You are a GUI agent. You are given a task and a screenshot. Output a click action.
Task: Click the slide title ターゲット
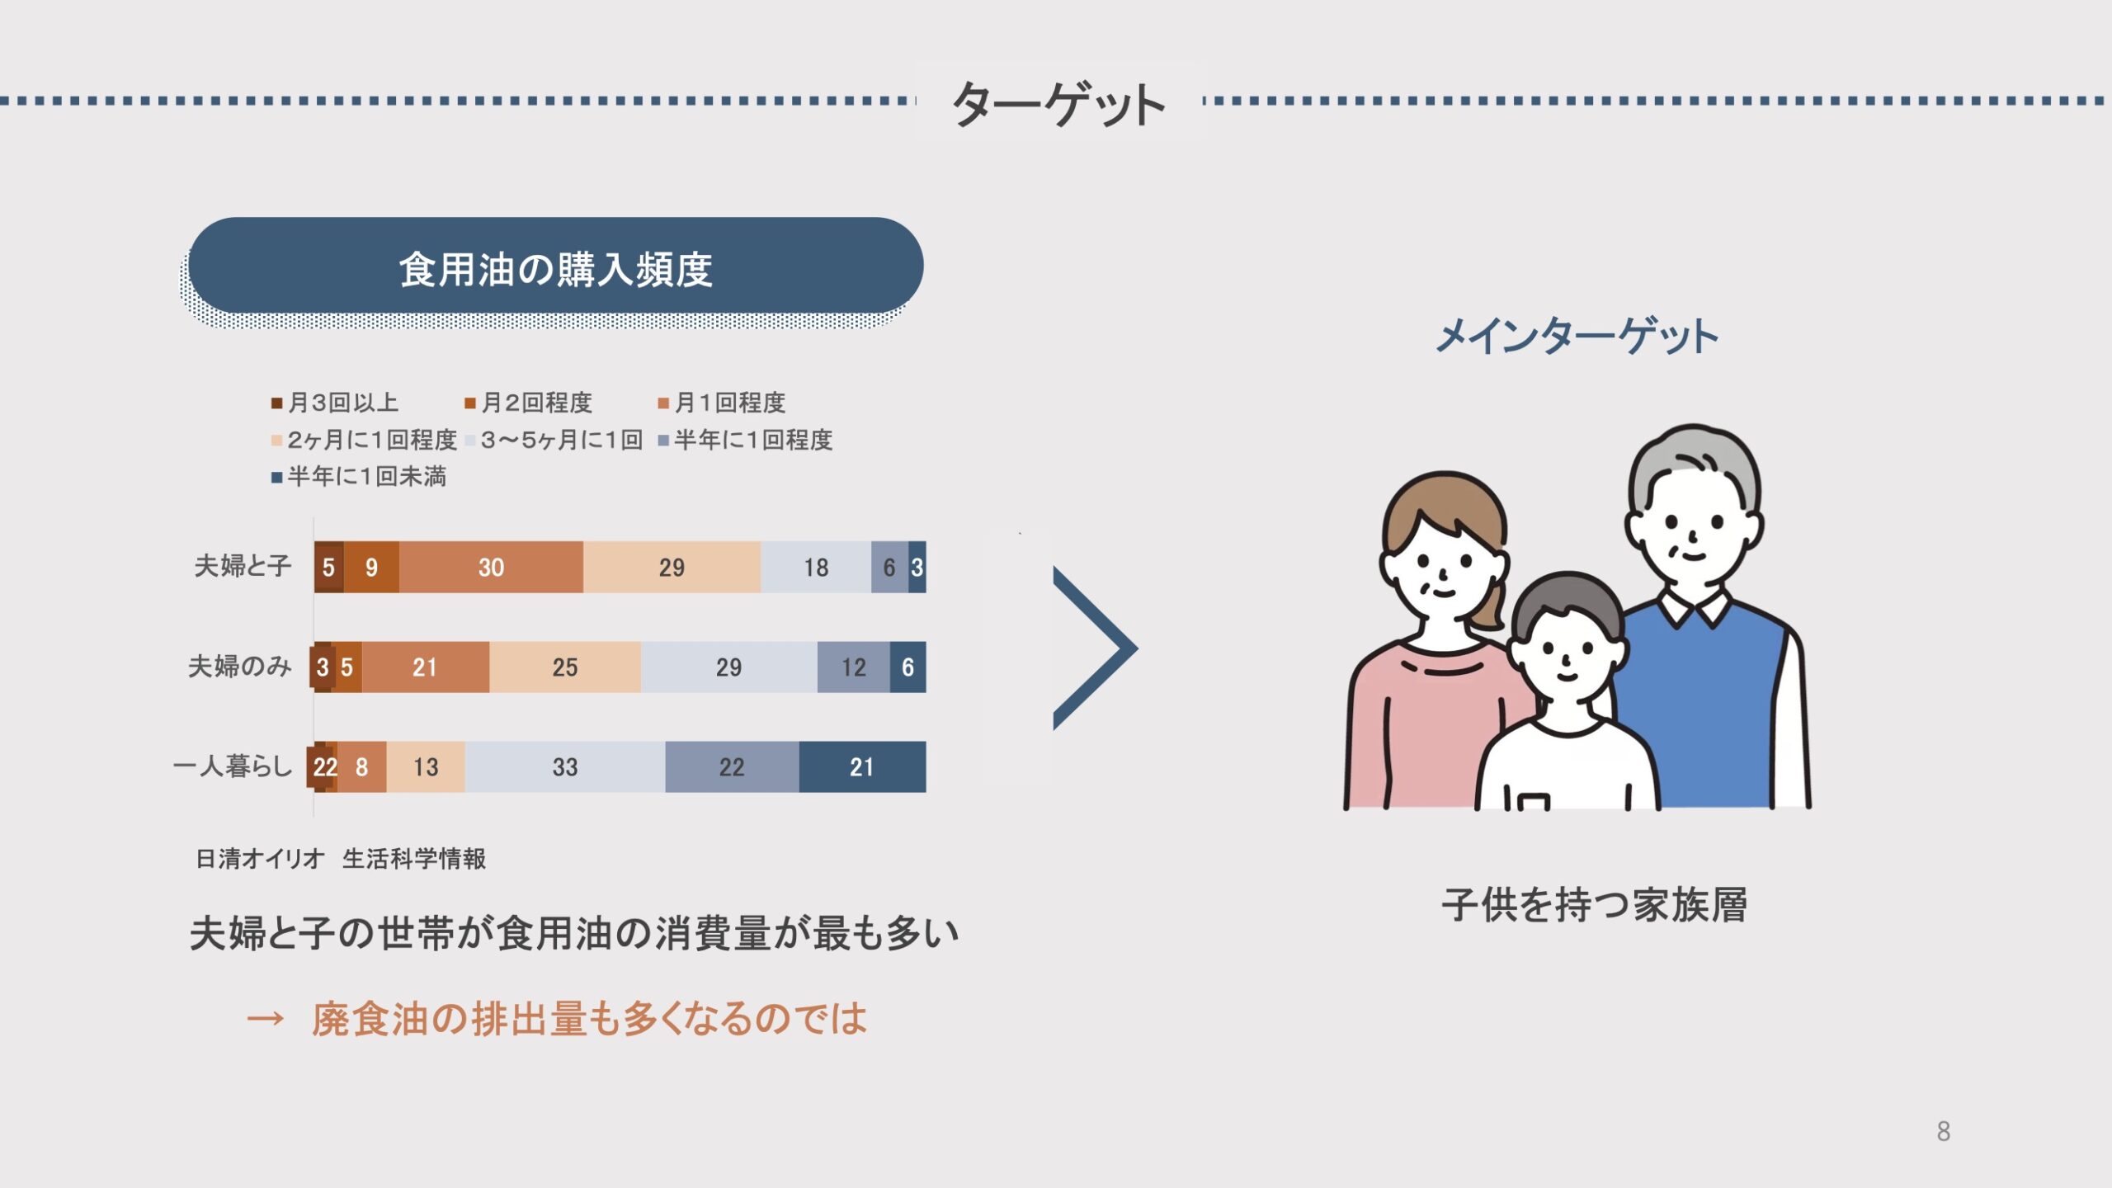tap(1058, 103)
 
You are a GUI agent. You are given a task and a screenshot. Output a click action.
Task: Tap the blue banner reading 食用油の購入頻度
tap(555, 266)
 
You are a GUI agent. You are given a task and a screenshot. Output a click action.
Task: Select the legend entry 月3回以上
tap(335, 403)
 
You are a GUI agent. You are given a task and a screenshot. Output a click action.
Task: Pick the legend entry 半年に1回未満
tap(359, 476)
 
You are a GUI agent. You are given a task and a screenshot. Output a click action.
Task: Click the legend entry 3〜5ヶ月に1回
tap(554, 440)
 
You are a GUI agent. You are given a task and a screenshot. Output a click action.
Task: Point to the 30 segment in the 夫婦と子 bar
tap(491, 567)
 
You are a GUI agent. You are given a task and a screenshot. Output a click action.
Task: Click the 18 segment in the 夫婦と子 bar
tap(816, 567)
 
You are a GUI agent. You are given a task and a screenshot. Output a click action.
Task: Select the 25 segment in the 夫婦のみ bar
tap(565, 667)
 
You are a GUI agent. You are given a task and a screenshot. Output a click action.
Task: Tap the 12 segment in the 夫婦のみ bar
tap(854, 667)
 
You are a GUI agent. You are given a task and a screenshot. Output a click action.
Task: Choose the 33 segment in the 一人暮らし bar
tap(565, 766)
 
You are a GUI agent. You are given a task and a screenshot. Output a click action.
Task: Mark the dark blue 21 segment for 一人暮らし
tap(862, 766)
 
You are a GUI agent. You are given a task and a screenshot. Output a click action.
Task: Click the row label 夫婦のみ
tap(240, 666)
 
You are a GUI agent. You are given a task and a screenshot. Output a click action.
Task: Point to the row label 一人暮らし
tap(233, 766)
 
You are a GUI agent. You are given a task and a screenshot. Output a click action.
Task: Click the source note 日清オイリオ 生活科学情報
tap(341, 859)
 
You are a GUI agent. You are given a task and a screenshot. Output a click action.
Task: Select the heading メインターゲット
tap(1577, 337)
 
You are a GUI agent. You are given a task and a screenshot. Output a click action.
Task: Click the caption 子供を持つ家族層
tap(1595, 905)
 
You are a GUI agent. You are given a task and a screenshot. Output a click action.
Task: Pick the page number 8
tap(1944, 1131)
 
